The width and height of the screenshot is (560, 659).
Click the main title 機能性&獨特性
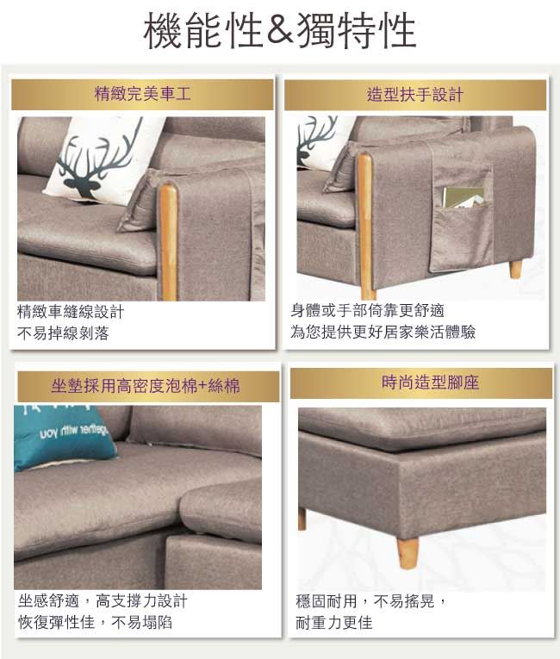tap(280, 30)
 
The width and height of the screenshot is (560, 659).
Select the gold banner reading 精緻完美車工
tap(142, 94)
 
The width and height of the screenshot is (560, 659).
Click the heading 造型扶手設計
tap(414, 95)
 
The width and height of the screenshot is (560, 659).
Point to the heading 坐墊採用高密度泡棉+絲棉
tap(146, 385)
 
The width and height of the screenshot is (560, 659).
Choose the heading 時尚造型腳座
tap(430, 382)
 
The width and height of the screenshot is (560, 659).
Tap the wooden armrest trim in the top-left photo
tap(168, 243)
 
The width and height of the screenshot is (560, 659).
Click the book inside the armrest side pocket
tap(464, 197)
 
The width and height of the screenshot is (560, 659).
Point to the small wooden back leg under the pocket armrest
tap(516, 270)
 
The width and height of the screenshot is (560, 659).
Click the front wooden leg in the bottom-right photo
tap(408, 553)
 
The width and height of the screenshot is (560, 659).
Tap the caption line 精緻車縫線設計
tap(71, 312)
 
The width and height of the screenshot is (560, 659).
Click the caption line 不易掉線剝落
tap(63, 333)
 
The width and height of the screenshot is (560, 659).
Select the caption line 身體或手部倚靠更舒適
tap(368, 311)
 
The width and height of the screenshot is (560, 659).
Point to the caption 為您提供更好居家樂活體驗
tap(383, 332)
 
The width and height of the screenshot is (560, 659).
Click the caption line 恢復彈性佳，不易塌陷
tap(95, 622)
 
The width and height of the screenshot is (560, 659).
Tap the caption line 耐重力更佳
tap(334, 623)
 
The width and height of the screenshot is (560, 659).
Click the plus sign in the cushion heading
tap(202, 386)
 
